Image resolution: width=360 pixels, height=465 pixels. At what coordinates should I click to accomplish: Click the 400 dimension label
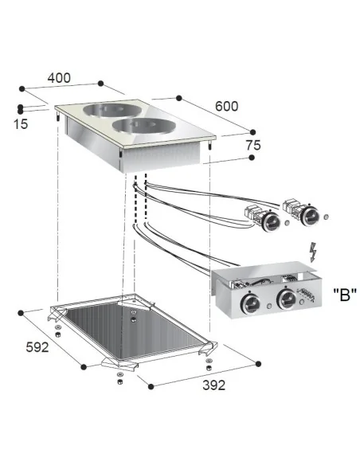[59, 78]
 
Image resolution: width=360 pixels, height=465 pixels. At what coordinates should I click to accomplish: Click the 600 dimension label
[226, 106]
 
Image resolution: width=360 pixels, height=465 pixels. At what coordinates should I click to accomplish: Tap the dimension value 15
[21, 124]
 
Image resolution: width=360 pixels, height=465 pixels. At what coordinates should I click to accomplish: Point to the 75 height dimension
[253, 145]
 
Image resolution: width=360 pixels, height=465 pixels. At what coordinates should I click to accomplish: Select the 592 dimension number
[37, 347]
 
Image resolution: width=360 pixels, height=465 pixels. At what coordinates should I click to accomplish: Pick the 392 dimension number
[214, 385]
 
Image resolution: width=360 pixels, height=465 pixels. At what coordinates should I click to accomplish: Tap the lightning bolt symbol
[312, 252]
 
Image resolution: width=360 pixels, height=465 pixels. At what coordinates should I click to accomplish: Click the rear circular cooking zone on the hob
[112, 110]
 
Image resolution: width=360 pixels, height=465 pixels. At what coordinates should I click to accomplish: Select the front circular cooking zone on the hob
[144, 126]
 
